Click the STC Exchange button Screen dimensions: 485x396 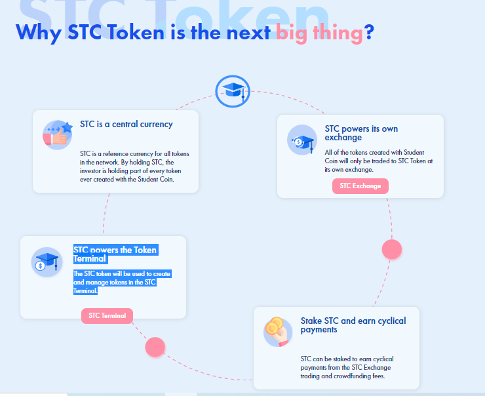tap(360, 186)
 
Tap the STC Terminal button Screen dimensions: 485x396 tap(107, 316)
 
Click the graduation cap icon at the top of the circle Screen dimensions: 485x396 tap(233, 91)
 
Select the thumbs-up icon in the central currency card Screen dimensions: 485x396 tap(58, 135)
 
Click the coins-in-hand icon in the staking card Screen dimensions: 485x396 tap(277, 332)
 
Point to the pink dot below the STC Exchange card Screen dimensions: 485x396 tap(392, 249)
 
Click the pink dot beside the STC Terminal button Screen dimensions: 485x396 tap(155, 347)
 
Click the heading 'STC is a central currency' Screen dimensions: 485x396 tap(126, 125)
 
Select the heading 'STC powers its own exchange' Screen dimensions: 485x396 tap(361, 133)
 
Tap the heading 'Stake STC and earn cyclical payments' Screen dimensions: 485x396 tap(353, 325)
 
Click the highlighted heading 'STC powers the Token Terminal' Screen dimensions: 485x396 tap(116, 254)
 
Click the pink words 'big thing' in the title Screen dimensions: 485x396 tap(320, 33)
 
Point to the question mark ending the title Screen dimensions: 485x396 tap(369, 31)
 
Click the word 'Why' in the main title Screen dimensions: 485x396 tap(39, 33)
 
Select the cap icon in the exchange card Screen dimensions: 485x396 tap(302, 140)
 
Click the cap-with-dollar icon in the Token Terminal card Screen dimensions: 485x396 tap(47, 262)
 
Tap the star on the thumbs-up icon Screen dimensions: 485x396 tap(67, 127)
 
